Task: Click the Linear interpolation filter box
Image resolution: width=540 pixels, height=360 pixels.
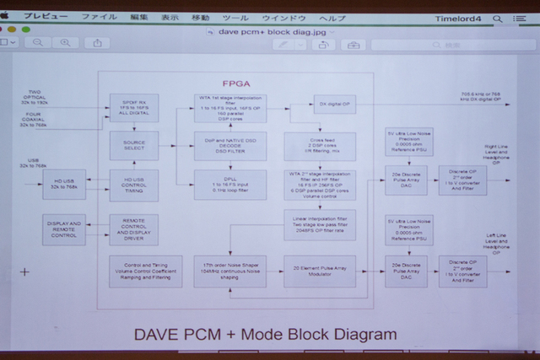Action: [319, 223]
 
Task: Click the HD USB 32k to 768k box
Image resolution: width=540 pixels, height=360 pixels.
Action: [64, 184]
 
